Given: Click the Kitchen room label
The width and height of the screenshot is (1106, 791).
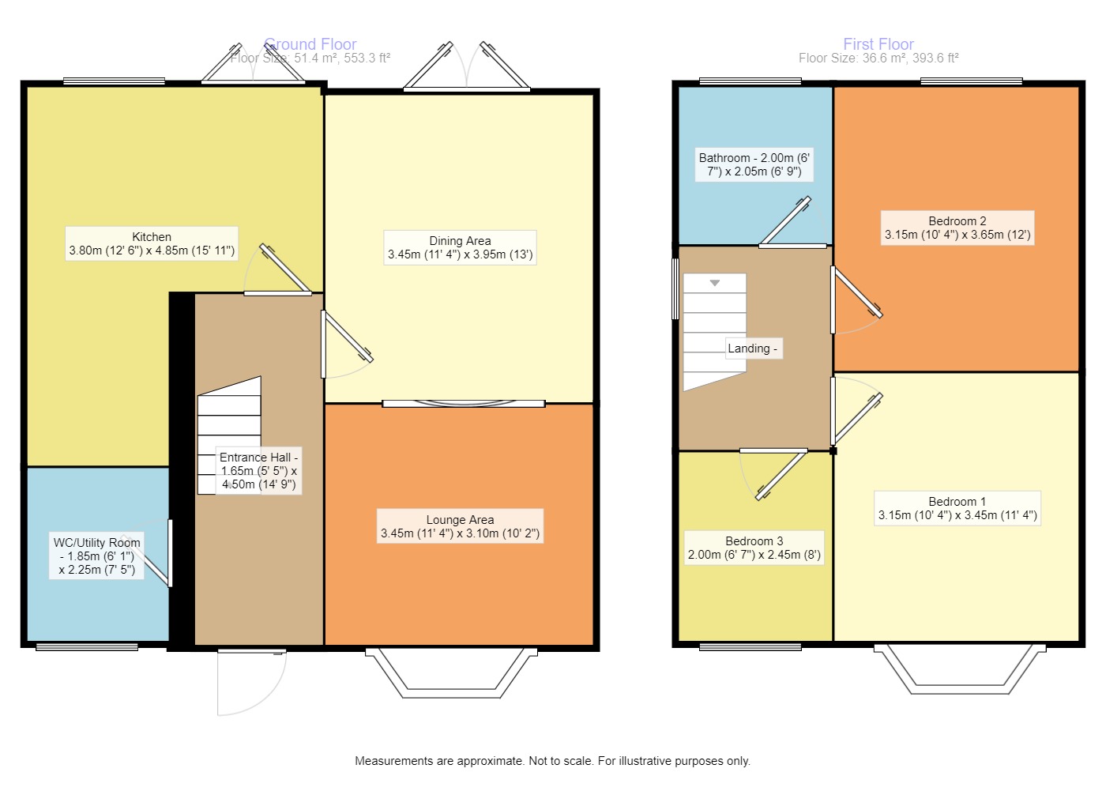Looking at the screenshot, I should [x=152, y=243].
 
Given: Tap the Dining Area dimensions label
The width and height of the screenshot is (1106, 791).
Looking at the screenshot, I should [x=460, y=248].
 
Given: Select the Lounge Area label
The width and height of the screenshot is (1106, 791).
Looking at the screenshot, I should [x=460, y=526].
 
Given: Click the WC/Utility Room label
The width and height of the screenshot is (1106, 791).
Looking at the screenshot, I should [x=96, y=556].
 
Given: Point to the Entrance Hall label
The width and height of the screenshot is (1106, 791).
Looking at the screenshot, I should [x=258, y=471].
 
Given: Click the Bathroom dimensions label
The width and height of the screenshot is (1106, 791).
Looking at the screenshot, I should [x=754, y=164].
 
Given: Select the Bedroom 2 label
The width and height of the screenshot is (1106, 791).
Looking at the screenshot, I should [x=957, y=228].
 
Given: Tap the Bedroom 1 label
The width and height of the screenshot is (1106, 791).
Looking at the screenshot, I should [x=957, y=508].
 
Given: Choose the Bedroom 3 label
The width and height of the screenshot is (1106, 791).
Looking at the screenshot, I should [x=754, y=548].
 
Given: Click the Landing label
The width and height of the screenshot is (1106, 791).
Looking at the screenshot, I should [x=753, y=348].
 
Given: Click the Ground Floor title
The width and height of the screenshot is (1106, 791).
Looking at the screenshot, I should [x=310, y=44].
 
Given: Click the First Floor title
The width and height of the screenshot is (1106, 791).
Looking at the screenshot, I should [x=878, y=44].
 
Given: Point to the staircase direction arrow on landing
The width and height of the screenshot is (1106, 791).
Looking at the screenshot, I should [x=715, y=283].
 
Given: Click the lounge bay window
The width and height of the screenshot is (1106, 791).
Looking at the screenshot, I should [x=451, y=674].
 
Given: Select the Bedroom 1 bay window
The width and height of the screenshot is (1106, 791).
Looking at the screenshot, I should [x=959, y=670].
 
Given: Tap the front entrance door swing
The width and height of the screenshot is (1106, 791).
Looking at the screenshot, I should [x=251, y=681].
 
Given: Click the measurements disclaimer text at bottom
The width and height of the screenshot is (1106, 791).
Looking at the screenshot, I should [x=552, y=761].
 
